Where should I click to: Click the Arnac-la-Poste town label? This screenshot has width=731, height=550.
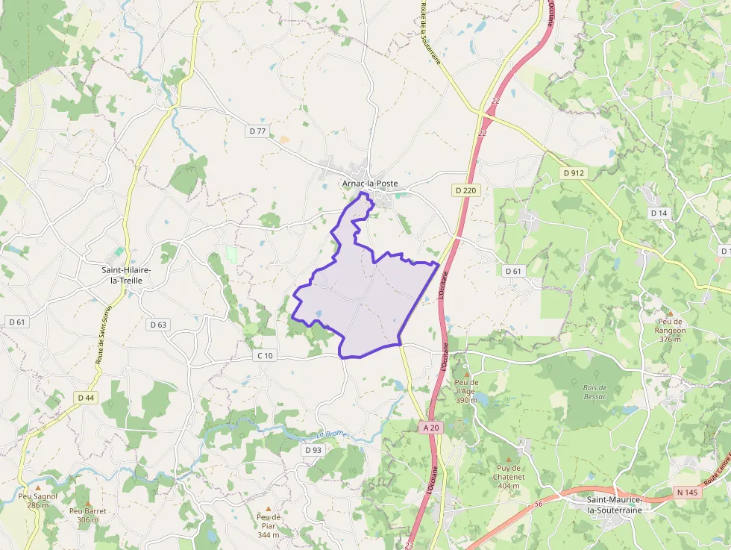coord(369,184)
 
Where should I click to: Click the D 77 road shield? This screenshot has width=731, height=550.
coord(257,131)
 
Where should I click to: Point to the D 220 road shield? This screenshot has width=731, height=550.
coord(465,190)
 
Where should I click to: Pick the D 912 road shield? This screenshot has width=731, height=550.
coord(573,173)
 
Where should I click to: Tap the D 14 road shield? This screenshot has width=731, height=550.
coord(659,213)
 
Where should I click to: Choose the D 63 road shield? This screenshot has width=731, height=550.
coord(157,325)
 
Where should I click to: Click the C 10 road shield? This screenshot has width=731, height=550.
coord(265,355)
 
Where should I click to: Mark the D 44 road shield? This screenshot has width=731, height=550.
coord(86,398)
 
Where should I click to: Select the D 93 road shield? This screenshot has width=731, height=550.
coord(313,450)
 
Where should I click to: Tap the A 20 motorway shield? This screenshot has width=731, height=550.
coord(431,428)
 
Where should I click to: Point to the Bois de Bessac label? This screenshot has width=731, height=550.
coord(594,391)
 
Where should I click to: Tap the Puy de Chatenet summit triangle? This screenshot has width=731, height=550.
coord(509,459)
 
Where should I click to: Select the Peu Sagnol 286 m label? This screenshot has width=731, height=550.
coord(37,500)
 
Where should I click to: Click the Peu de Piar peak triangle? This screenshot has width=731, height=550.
coord(269,508)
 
